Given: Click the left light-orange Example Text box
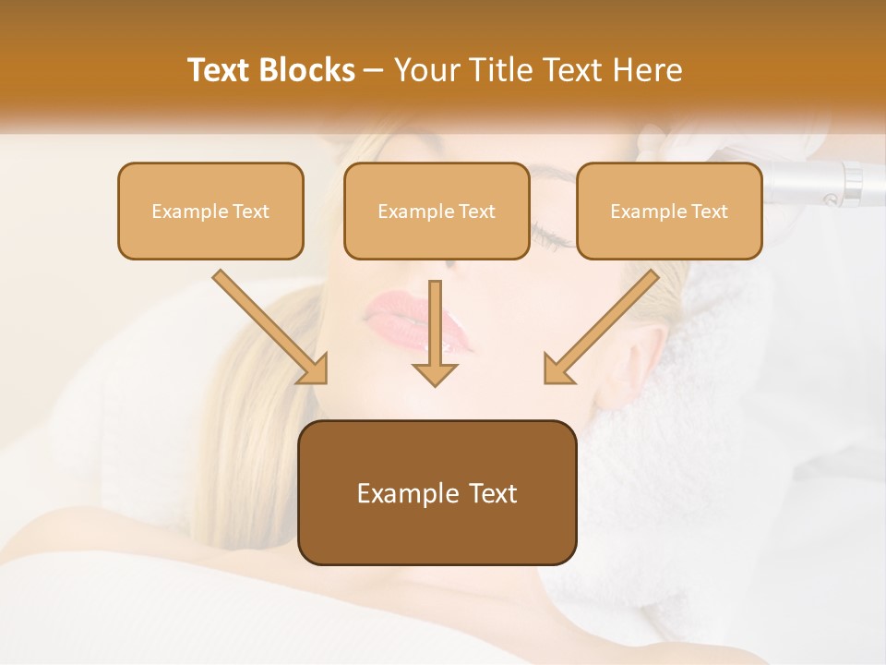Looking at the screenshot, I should pos(210,211).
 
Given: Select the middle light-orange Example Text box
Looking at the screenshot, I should pos(437,211).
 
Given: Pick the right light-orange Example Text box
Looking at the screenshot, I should pos(669,211).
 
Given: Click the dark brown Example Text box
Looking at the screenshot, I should pos(437,492).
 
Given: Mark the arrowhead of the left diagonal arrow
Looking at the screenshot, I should pos(315,369).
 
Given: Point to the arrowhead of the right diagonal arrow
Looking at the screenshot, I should pos(557,369).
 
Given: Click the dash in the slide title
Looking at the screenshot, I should pos(374,71).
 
